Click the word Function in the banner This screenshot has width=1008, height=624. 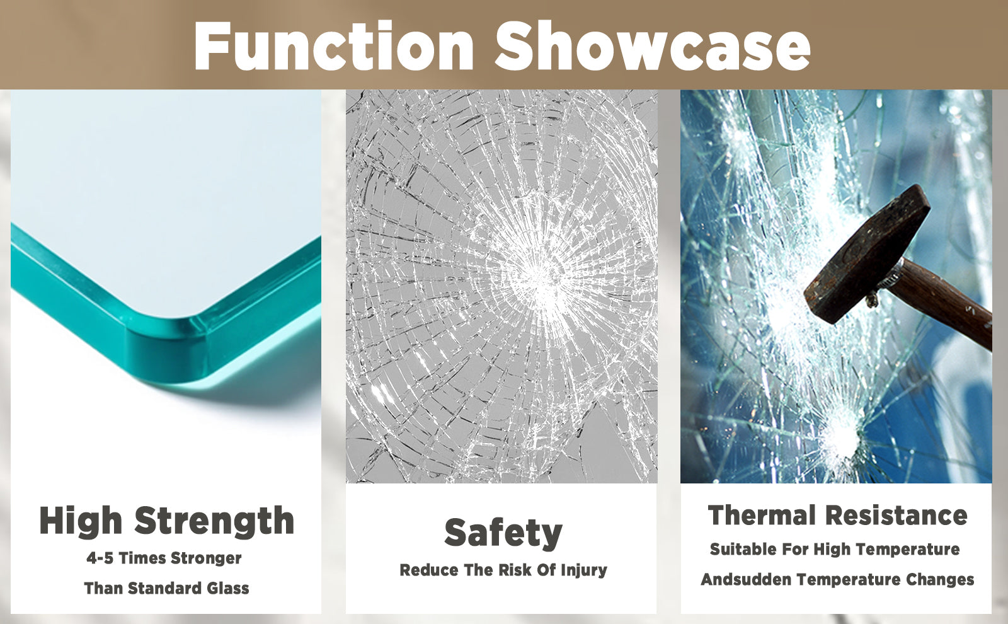pos(333,45)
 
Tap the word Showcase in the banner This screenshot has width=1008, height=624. pos(653,45)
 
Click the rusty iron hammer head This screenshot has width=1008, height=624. pos(867,255)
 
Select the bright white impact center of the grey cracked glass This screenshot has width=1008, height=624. pos(538,275)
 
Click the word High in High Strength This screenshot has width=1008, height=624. pos(81,521)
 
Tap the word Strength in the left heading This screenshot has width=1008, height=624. pos(214,521)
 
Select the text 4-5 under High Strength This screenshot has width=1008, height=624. pos(100,558)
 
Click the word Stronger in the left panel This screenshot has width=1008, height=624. pos(206,558)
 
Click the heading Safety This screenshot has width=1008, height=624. pos(503,533)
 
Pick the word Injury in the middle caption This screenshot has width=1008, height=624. pos(583,570)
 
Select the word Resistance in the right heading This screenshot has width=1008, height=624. pos(896,516)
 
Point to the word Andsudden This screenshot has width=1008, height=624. pos(746,579)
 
